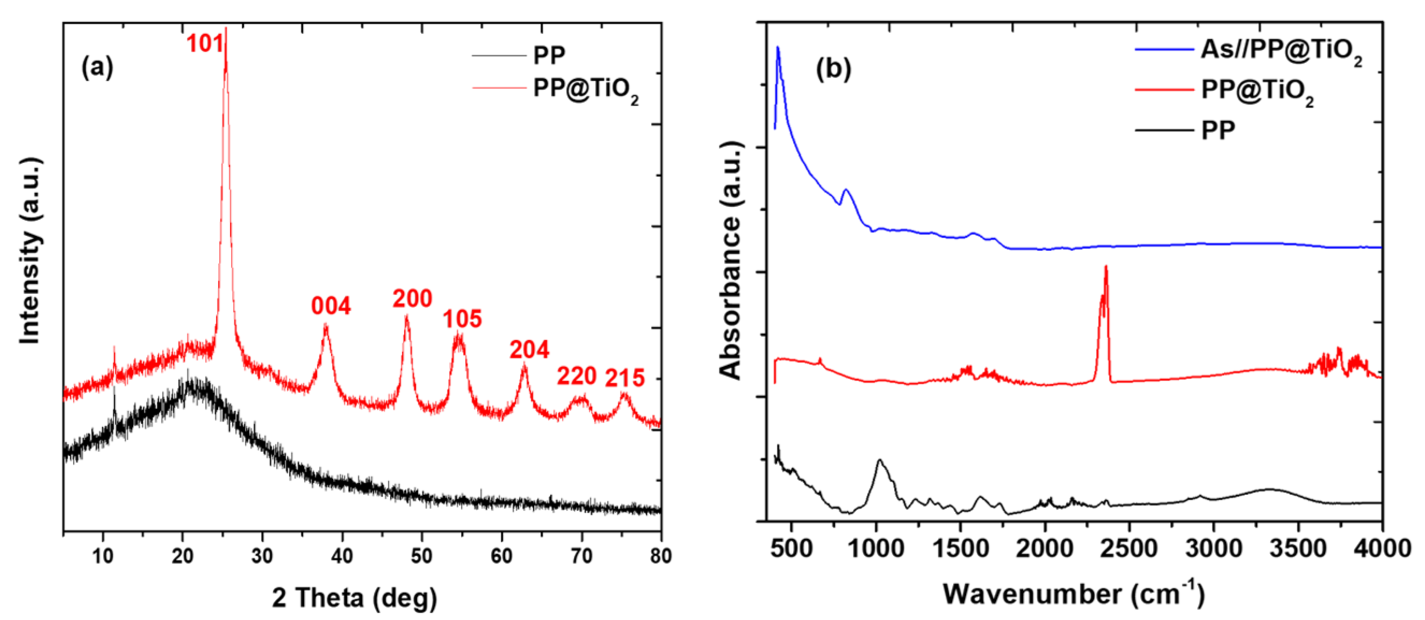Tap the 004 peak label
coord(331,306)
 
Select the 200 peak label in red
coord(412,299)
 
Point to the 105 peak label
coord(463,319)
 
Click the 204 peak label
coord(529,349)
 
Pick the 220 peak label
coord(576,376)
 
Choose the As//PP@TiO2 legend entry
coord(1281,51)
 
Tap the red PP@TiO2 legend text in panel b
coord(1257,90)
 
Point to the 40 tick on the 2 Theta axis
coord(342,556)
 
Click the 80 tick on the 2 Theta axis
coord(660,556)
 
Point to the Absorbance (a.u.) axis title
coord(731,260)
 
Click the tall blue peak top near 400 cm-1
coord(778,47)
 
